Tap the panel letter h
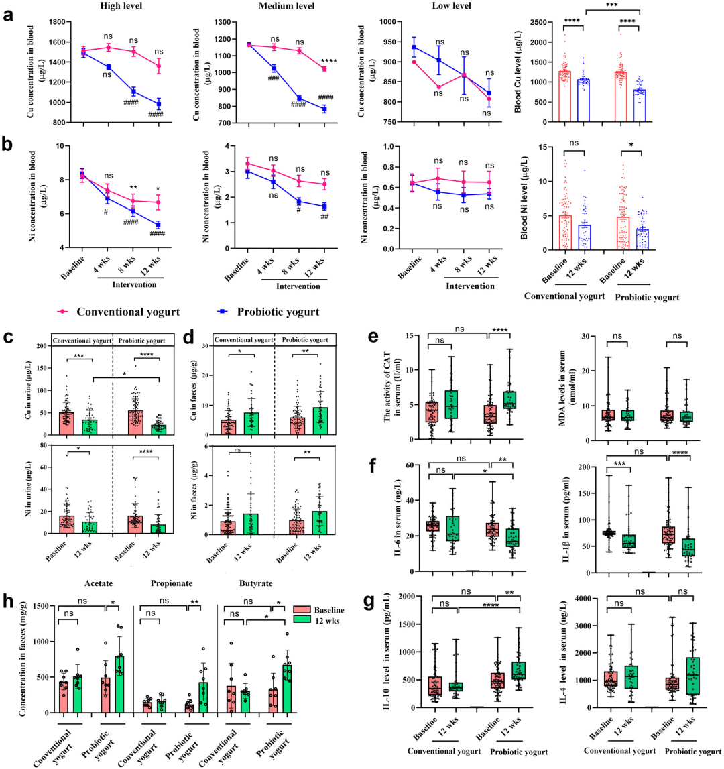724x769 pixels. (9, 596)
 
